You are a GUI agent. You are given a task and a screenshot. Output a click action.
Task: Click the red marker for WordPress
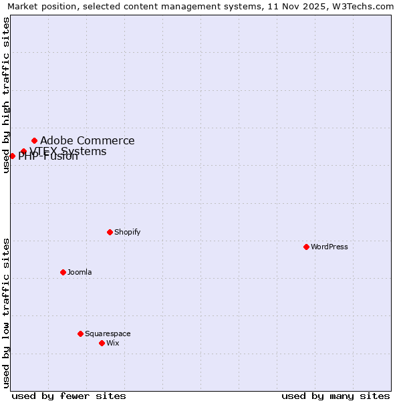coord(306,247)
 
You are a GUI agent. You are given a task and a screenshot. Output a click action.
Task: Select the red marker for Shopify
coord(110,232)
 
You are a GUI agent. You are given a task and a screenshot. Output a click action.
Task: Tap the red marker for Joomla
coord(63,272)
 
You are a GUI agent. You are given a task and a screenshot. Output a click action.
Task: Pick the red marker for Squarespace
coord(80,333)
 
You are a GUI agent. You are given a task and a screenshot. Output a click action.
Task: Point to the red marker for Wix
coord(102,343)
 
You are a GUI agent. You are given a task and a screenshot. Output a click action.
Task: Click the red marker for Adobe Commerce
coord(34,140)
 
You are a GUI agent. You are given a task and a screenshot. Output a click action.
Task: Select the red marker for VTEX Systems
coord(23,151)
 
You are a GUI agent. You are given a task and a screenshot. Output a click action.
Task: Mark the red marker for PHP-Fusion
coord(12,156)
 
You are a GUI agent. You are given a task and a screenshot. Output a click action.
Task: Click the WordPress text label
coord(329,247)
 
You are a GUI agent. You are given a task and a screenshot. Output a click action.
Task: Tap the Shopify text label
coord(128,232)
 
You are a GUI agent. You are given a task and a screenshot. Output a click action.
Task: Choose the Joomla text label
coord(80,272)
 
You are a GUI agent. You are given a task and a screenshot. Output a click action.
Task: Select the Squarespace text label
coord(108,333)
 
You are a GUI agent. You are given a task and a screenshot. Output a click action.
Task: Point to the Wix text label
coord(113,343)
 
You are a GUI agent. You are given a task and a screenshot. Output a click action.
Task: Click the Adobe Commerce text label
coord(88,140)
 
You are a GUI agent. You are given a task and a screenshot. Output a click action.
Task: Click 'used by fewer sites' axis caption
coord(69,396)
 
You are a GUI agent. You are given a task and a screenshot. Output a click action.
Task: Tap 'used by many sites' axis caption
coord(336,396)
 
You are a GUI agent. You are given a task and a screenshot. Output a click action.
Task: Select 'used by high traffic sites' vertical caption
coord(6,95)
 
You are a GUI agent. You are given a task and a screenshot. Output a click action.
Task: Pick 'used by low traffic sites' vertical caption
coord(6,312)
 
